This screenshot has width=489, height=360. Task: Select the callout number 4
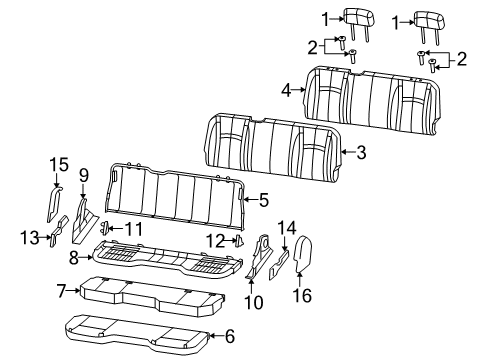[x=286, y=90]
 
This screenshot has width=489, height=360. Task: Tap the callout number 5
[x=264, y=200]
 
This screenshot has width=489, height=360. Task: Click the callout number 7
[x=62, y=290]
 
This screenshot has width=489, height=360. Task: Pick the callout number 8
[x=74, y=257]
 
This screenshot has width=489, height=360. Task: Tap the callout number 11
[x=134, y=229]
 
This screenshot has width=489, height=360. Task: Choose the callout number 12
[x=213, y=239]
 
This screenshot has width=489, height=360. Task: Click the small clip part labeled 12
[x=240, y=240]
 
